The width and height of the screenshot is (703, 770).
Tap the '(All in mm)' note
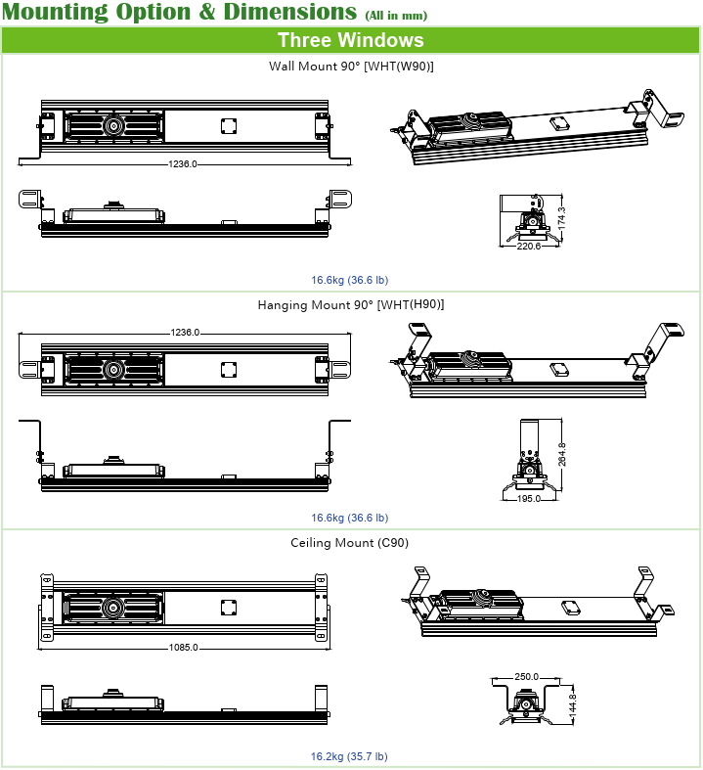[x=396, y=17]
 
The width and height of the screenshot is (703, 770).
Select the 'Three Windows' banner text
[x=350, y=40]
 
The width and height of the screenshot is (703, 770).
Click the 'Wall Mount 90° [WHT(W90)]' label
[x=351, y=67]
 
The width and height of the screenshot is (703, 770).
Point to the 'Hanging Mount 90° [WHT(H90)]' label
[x=351, y=305]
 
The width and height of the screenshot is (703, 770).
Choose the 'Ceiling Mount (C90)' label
[x=350, y=543]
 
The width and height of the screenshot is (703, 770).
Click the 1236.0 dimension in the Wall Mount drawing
[x=183, y=164]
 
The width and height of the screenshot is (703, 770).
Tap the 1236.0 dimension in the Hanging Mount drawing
[x=185, y=333]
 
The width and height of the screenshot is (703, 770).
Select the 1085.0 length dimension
[x=183, y=647]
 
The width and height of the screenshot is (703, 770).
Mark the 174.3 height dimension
[x=560, y=218]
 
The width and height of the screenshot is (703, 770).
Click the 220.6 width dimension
[x=528, y=247]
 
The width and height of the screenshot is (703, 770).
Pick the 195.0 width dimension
[x=528, y=498]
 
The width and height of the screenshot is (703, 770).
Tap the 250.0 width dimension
[x=528, y=676]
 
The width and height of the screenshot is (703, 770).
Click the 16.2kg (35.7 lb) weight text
[x=349, y=756]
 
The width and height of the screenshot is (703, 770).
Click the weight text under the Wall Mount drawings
[x=349, y=280]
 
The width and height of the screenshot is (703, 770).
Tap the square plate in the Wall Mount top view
[x=229, y=126]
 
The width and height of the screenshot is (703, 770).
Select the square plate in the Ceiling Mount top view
[x=229, y=608]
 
